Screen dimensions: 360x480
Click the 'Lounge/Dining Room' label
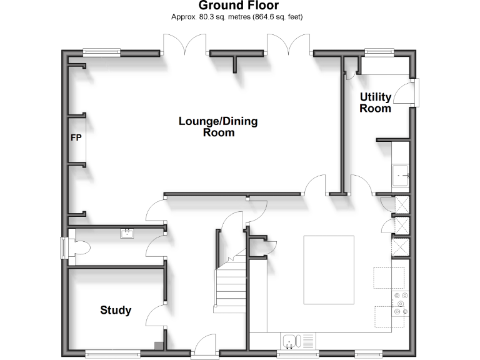pyautogui.click(x=218, y=126)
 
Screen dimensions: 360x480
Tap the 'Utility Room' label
pyautogui.click(x=376, y=102)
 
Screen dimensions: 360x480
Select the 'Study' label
pyautogui.click(x=116, y=310)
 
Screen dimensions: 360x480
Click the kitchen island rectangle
pyautogui.click(x=329, y=268)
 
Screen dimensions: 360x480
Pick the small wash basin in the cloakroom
pyautogui.click(x=127, y=234)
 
